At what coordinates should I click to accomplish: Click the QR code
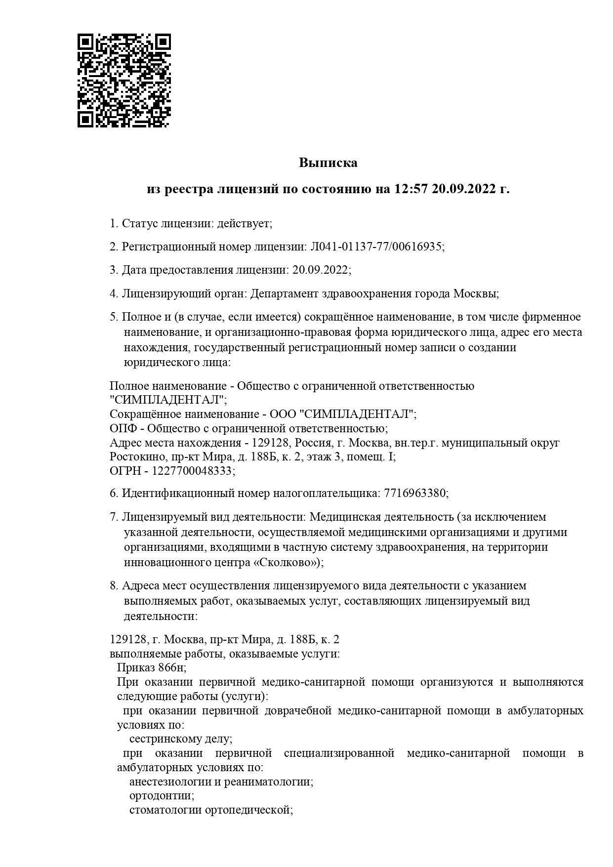coord(124,80)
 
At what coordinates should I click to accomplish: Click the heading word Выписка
coord(327,163)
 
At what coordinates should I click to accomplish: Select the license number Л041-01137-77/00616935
coord(375,247)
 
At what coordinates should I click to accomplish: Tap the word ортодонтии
coord(161,796)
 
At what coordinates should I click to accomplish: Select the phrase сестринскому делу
coord(180,739)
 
